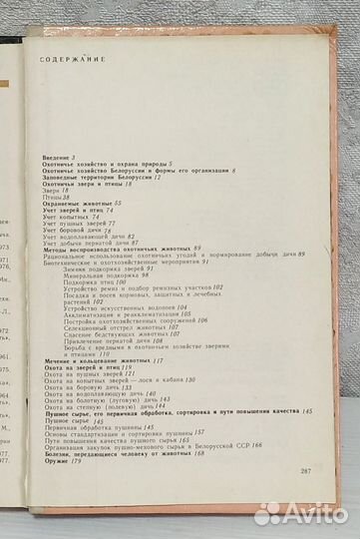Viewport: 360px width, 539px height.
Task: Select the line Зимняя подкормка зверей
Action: point(125,242)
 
